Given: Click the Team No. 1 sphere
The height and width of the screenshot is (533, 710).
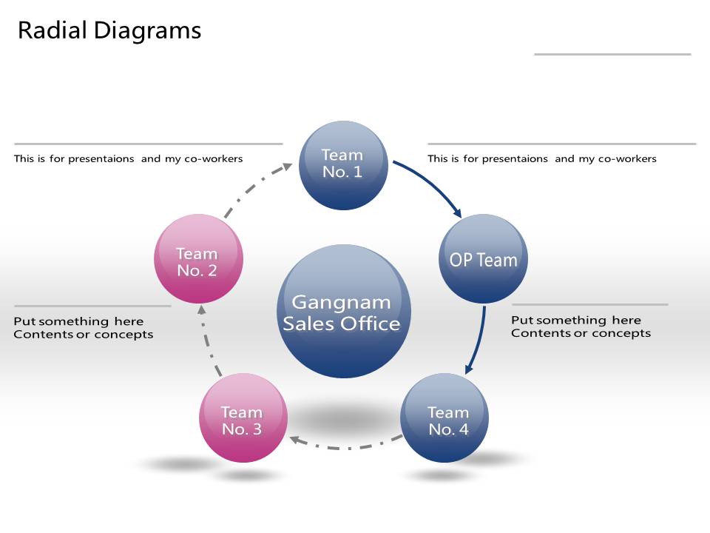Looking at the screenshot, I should tap(343, 165).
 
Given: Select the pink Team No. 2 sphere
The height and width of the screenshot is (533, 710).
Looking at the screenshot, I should tap(198, 258).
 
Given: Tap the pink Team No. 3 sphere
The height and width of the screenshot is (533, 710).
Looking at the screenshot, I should tap(243, 418).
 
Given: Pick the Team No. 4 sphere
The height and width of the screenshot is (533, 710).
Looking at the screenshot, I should tap(444, 418).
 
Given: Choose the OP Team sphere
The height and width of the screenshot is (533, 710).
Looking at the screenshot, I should tap(484, 258).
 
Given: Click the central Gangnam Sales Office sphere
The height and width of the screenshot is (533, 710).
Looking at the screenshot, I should tap(342, 311).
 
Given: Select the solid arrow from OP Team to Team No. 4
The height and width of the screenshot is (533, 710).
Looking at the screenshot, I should tap(479, 341).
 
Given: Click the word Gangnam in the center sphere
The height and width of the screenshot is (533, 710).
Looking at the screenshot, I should tap(341, 302).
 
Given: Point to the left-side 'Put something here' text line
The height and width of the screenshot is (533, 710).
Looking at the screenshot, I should tap(78, 321).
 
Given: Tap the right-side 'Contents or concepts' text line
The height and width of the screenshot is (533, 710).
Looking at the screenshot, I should tap(581, 333).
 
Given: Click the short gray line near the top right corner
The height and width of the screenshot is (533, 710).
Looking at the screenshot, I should tap(612, 54).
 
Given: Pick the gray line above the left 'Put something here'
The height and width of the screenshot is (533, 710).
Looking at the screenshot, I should tap(92, 306).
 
